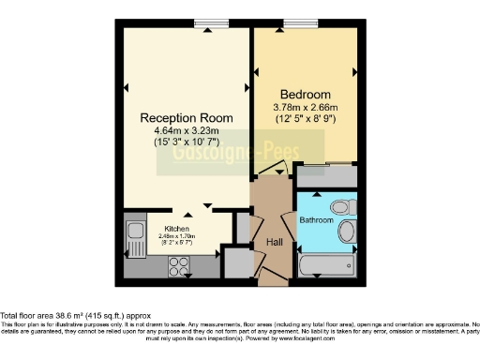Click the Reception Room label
[187, 117]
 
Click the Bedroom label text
[306, 95]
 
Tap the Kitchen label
[177, 229]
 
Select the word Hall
[275, 241]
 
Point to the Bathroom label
[316, 220]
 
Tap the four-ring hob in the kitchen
[178, 265]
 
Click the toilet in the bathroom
[341, 205]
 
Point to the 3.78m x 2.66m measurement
[306, 107]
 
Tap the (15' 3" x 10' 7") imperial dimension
[187, 143]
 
